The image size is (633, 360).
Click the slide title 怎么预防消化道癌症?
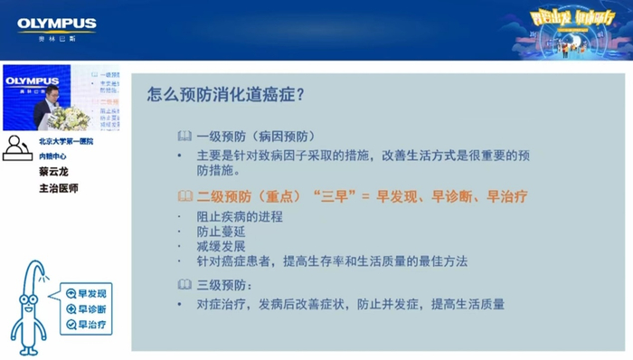[x=225, y=94]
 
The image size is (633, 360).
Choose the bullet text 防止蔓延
[x=221, y=232]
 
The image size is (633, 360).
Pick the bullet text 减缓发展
[x=221, y=247]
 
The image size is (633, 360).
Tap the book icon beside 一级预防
[x=184, y=136]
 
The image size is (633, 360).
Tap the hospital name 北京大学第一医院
[x=66, y=142]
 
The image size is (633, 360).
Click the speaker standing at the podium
[x=45, y=99]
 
